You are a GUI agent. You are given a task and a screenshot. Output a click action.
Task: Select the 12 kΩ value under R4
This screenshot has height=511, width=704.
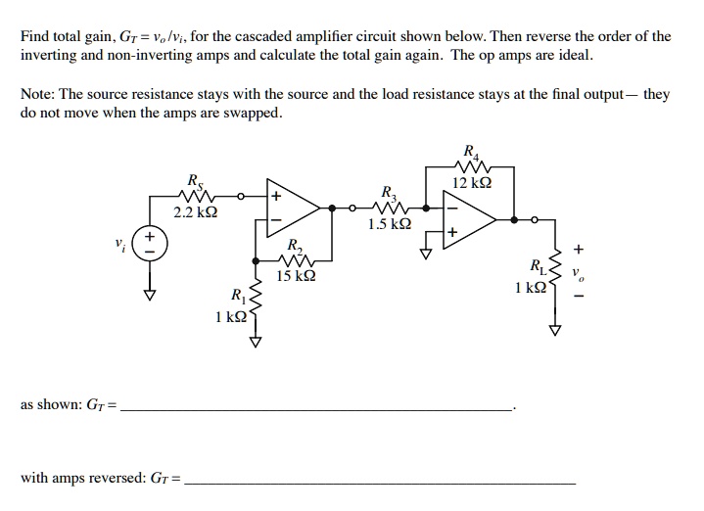pos(474,183)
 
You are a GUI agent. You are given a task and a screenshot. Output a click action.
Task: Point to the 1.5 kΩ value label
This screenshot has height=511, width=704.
pos(390,224)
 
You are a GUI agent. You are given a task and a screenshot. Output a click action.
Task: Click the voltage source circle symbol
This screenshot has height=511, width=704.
pos(150,243)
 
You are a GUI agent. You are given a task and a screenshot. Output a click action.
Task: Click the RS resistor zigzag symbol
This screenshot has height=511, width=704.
pos(194,196)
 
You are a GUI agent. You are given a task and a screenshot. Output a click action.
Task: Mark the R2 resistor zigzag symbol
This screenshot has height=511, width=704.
pos(295,261)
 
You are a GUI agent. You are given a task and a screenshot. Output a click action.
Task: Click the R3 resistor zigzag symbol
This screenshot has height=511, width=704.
pos(390,208)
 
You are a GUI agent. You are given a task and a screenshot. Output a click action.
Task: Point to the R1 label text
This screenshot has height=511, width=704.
pos(236,295)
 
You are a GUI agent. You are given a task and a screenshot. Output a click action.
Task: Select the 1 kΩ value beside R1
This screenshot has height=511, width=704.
pos(230,318)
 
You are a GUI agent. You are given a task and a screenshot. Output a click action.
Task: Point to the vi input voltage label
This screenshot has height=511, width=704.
pos(119,243)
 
